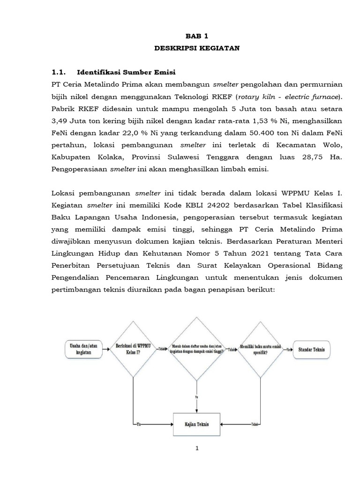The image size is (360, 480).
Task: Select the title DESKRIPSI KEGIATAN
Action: (x=197, y=48)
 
